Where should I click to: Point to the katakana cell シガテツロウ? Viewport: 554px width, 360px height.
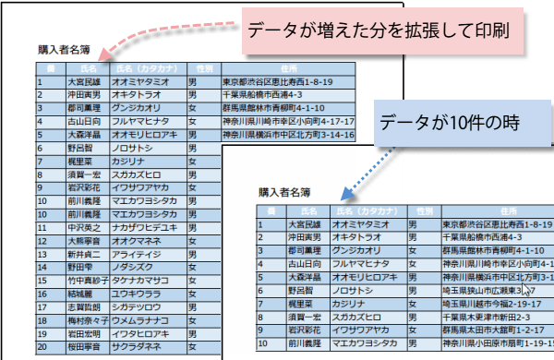pos(144,308)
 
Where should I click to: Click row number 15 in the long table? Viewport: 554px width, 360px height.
pos(42,281)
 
